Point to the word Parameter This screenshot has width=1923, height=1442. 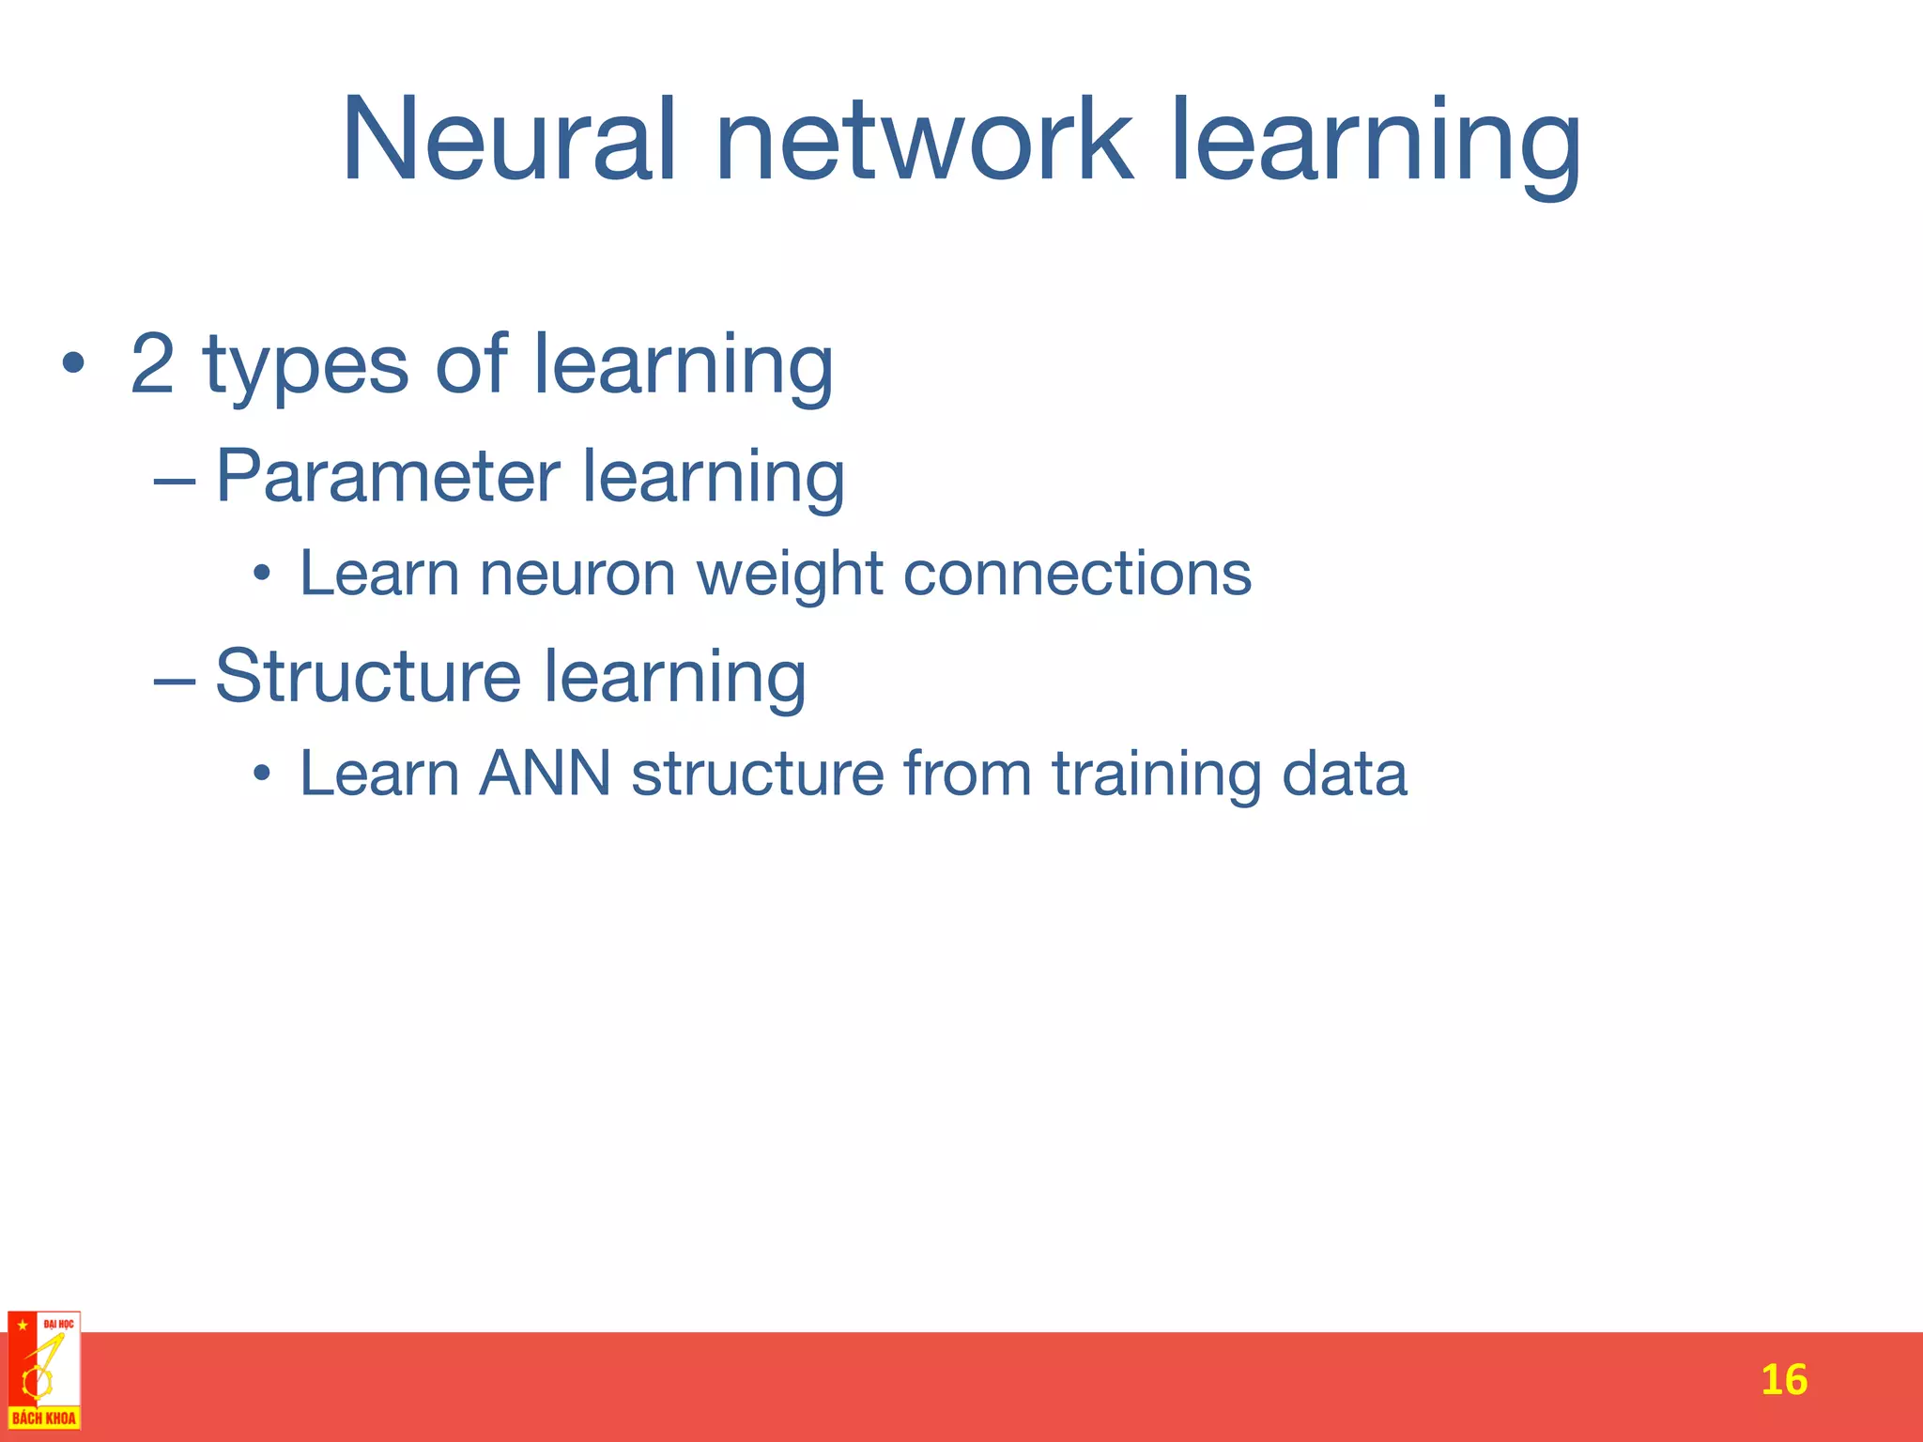[x=388, y=476]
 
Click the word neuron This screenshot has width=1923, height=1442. [x=577, y=574]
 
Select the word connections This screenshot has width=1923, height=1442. [x=1077, y=574]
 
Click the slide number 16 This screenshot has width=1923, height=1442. [x=1783, y=1380]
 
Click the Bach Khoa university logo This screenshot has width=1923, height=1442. [x=44, y=1371]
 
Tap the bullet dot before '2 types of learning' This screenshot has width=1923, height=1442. [x=73, y=364]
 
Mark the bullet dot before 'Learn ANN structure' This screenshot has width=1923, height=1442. [x=262, y=775]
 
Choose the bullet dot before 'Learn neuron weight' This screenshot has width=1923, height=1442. [x=262, y=575]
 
